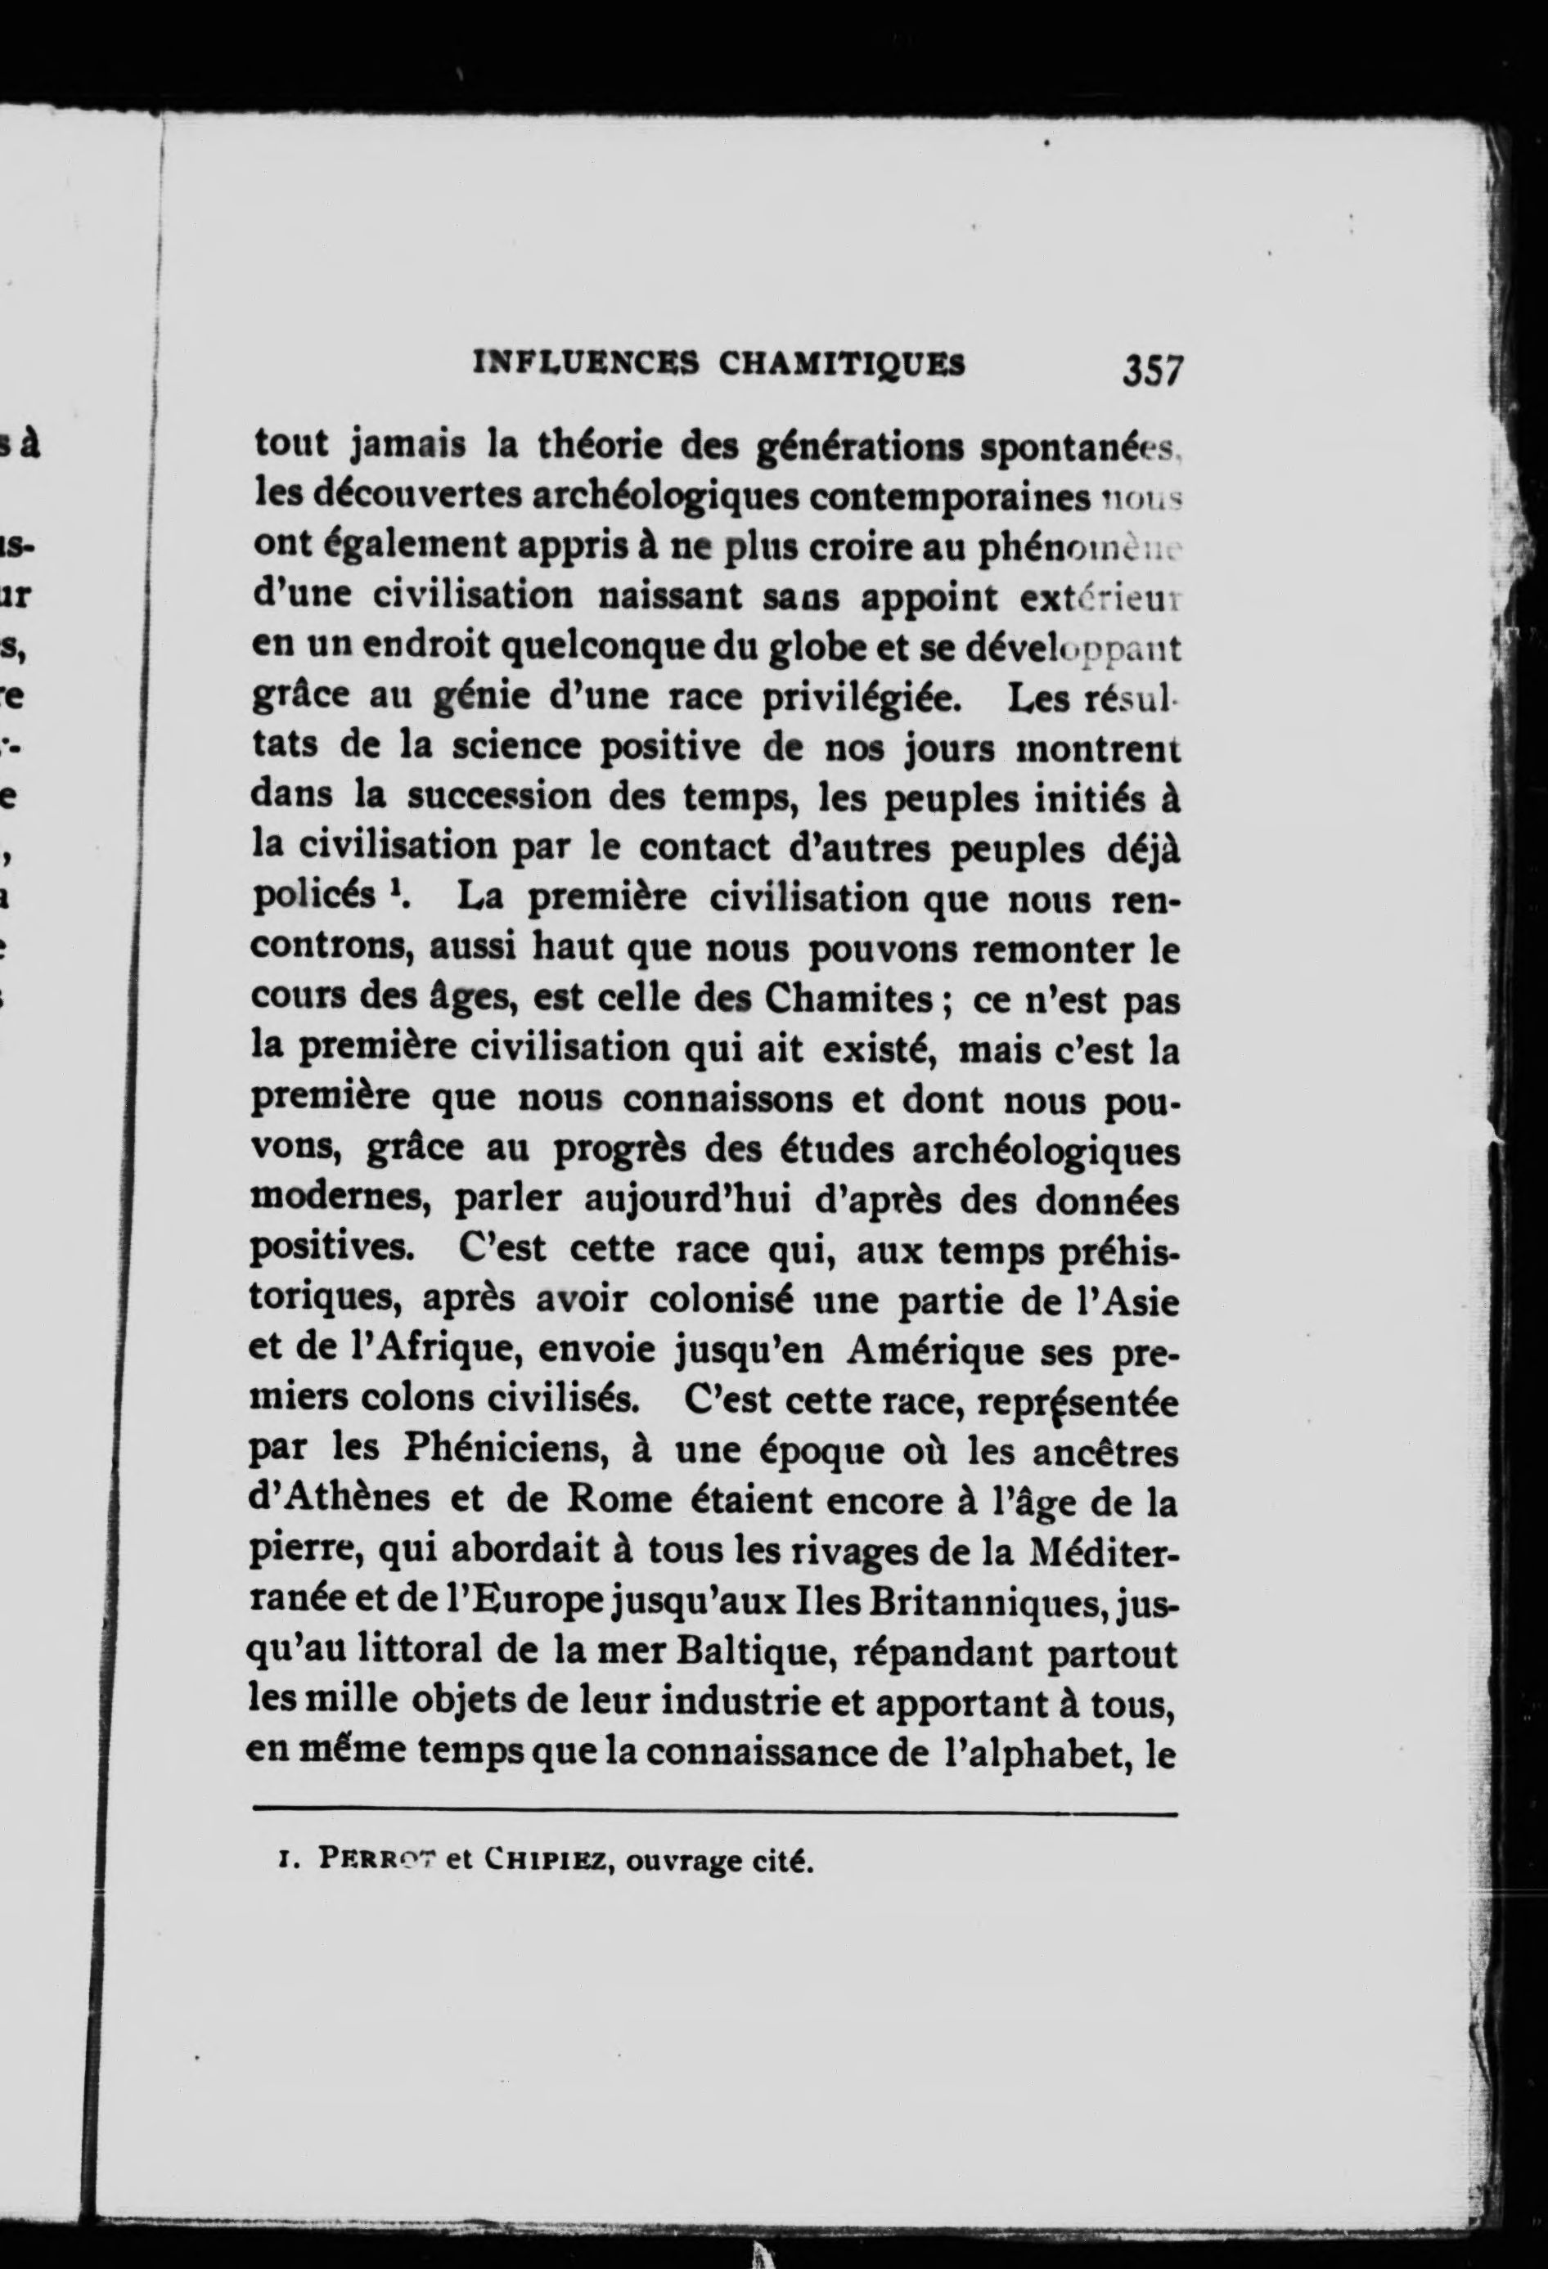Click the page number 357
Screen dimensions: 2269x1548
pos(1154,371)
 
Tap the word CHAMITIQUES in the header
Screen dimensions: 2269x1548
pos(842,364)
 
